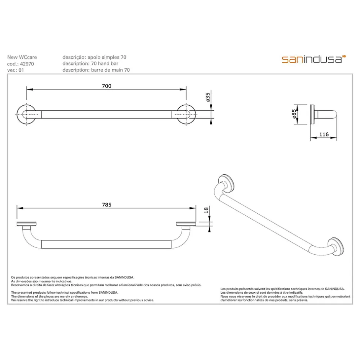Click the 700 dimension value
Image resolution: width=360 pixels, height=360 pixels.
pyautogui.click(x=106, y=86)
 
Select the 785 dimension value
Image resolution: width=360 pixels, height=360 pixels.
pyautogui.click(x=106, y=205)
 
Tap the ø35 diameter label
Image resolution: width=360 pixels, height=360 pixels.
pyautogui.click(x=208, y=97)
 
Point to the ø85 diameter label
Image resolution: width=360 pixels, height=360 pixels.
pyautogui.click(x=294, y=114)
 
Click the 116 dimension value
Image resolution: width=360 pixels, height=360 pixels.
pyautogui.click(x=324, y=134)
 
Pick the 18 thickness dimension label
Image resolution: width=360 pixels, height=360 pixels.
pyautogui.click(x=206, y=210)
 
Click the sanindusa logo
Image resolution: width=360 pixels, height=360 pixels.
pyautogui.click(x=314, y=59)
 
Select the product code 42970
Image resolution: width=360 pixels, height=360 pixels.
pyautogui.click(x=27, y=64)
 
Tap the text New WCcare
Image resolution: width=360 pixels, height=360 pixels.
pyautogui.click(x=22, y=57)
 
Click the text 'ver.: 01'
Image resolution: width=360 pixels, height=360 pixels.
pyautogui.click(x=15, y=70)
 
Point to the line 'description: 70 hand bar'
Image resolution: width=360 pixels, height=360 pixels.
pyautogui.click(x=90, y=64)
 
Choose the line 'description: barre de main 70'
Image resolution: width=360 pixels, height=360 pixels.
pyautogui.click(x=96, y=70)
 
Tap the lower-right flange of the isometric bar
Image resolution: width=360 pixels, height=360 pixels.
pyautogui.click(x=335, y=247)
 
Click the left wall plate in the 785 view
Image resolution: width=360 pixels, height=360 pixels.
pyautogui.click(x=27, y=224)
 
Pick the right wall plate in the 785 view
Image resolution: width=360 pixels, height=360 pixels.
pyautogui.click(x=186, y=224)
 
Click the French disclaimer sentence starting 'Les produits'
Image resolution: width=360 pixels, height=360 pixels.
pyautogui.click(x=282, y=289)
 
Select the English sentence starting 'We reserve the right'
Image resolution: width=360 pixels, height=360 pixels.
pyautogui.click(x=82, y=300)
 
